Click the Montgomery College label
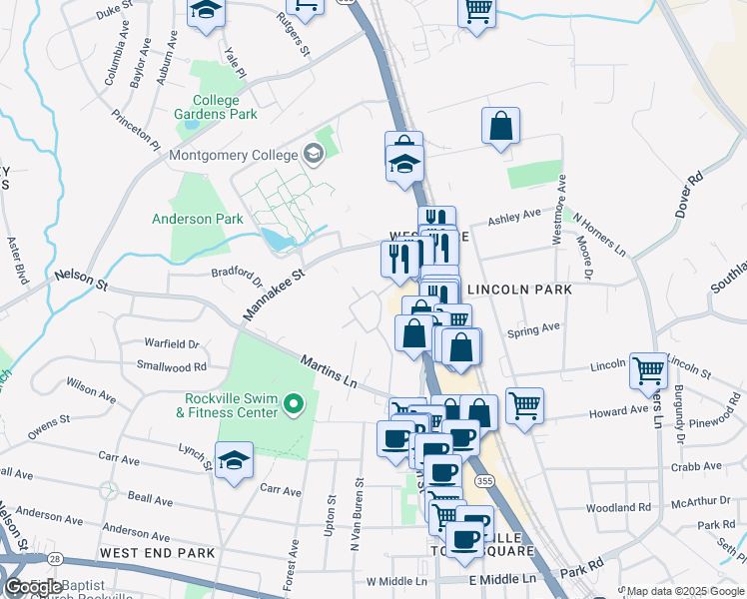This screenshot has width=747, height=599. click(x=234, y=155)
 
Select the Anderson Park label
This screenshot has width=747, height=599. click(x=197, y=219)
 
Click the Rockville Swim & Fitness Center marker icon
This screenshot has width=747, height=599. click(x=293, y=404)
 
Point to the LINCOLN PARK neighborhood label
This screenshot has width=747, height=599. click(x=519, y=290)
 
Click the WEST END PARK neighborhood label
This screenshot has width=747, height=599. click(x=157, y=552)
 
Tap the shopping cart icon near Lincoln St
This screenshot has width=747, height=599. click(x=649, y=370)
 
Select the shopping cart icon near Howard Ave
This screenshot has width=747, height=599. click(x=524, y=405)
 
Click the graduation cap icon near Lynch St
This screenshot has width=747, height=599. click(x=234, y=460)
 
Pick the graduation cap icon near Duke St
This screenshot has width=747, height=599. click(x=206, y=12)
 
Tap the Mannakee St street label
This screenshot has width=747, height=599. click(x=272, y=294)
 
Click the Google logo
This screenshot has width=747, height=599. click(x=30, y=588)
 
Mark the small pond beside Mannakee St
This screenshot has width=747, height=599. click(x=273, y=239)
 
